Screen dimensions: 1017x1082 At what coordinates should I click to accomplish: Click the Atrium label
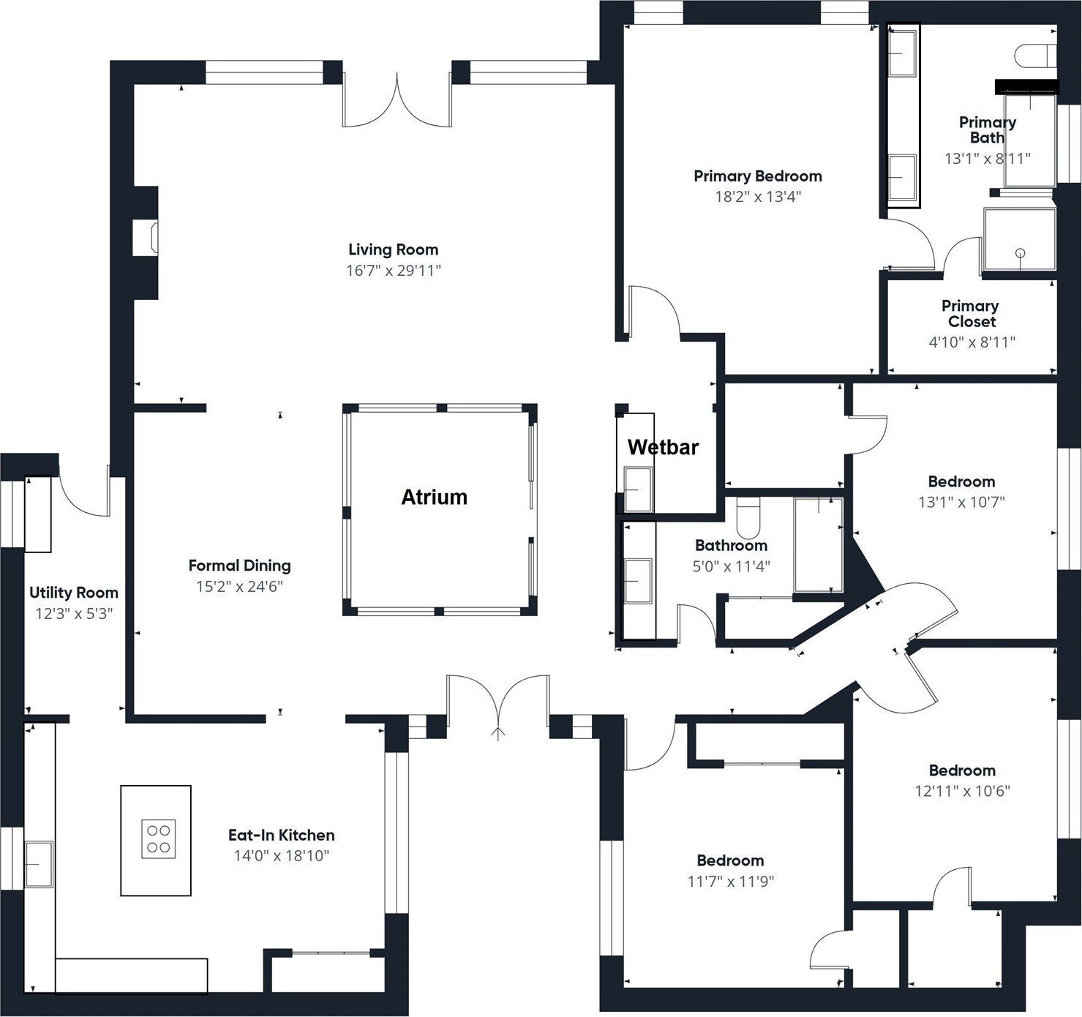pyautogui.click(x=434, y=498)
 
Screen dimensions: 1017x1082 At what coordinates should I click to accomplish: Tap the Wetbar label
pyautogui.click(x=663, y=447)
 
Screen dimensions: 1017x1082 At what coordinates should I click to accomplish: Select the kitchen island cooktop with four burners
pyautogui.click(x=159, y=839)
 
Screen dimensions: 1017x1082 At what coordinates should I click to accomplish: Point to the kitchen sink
pyautogui.click(x=40, y=864)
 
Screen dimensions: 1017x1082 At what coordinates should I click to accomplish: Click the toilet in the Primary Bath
pyautogui.click(x=1037, y=55)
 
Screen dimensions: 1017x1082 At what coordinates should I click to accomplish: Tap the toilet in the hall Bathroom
pyautogui.click(x=748, y=517)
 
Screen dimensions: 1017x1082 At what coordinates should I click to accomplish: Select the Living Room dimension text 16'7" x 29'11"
pyautogui.click(x=393, y=271)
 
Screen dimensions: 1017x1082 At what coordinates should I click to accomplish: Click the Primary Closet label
pyautogui.click(x=970, y=313)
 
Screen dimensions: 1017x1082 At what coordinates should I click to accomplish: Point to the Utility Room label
pyautogui.click(x=73, y=593)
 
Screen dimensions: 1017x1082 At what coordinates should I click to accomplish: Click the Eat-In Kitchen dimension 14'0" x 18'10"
pyautogui.click(x=281, y=856)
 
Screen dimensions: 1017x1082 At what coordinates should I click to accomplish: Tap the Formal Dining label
pyautogui.click(x=239, y=566)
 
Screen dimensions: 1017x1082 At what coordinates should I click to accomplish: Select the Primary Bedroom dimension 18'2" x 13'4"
pyautogui.click(x=757, y=197)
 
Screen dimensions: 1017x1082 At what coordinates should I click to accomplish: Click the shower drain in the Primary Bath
pyautogui.click(x=1020, y=253)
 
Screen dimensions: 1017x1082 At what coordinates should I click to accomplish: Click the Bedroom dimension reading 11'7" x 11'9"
pyautogui.click(x=730, y=882)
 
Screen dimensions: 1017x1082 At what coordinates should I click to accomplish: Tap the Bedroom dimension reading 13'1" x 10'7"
pyautogui.click(x=961, y=503)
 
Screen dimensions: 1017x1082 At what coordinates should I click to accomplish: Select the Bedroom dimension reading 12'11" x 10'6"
pyautogui.click(x=962, y=791)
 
